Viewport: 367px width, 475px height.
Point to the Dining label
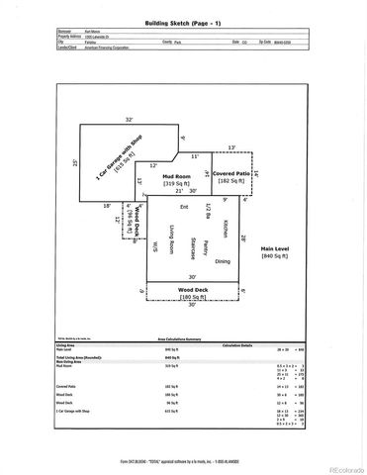click(x=223, y=261)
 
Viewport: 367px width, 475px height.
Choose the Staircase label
click(x=188, y=247)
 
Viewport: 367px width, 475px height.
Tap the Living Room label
click(x=171, y=241)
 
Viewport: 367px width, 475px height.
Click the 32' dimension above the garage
click(x=129, y=120)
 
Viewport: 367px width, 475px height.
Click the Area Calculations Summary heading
click(x=184, y=337)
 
